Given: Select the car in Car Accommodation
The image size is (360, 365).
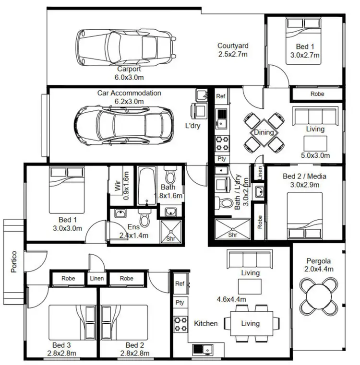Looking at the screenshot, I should pos(123,122).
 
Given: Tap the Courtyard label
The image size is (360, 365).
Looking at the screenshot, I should pos(233,46).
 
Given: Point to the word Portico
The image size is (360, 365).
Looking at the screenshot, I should pos(13,262).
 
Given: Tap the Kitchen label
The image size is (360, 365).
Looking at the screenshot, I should pos(205,323).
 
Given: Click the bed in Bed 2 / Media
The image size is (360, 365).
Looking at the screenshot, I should pos(305,214).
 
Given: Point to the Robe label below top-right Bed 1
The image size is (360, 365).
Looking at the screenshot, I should pos(317,94).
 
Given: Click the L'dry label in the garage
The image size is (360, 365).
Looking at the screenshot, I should pos(192,126).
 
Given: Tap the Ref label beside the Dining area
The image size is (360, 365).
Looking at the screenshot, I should pos(221,96).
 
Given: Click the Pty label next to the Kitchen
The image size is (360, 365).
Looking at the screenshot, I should pos(180,303).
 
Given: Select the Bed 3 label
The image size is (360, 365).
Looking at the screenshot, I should pos(61,345).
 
